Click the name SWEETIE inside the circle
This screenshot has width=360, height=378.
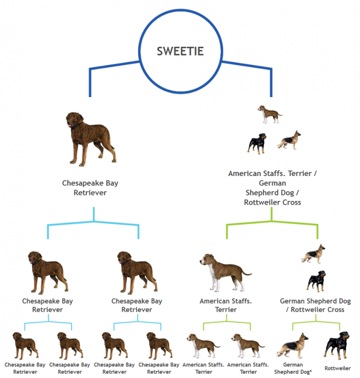tap(180, 51)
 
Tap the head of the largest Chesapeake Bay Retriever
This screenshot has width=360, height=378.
tap(74, 119)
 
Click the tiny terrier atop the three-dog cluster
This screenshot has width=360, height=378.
tap(270, 114)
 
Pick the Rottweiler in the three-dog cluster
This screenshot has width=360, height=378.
tap(257, 144)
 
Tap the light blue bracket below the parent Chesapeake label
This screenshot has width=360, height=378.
tap(94, 222)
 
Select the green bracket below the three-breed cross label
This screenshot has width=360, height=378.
tap(272, 222)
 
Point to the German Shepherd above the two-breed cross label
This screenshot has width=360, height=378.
tap(313, 254)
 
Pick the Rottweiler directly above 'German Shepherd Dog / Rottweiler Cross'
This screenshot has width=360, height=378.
tap(316, 281)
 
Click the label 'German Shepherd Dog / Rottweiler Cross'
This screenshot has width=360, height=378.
tap(315, 305)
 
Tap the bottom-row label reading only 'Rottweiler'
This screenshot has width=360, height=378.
tap(337, 368)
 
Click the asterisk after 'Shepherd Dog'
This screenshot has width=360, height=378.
tap(311, 371)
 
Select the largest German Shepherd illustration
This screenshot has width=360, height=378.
tap(293, 345)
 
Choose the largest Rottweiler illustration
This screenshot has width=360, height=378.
tap(336, 345)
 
